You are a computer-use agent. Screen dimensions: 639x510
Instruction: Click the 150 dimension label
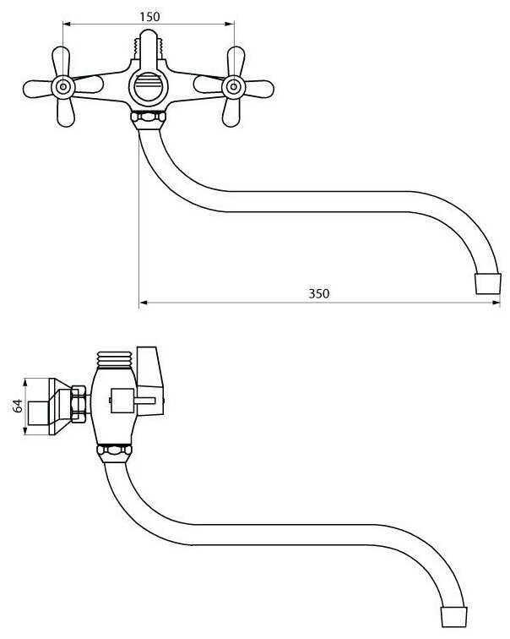point(149,16)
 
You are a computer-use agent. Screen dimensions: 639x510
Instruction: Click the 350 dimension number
point(318,293)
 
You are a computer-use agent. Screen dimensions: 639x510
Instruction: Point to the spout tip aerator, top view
point(487,282)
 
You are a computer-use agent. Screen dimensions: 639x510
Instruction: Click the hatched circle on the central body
point(149,87)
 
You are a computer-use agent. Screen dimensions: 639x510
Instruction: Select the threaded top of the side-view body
point(117,358)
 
